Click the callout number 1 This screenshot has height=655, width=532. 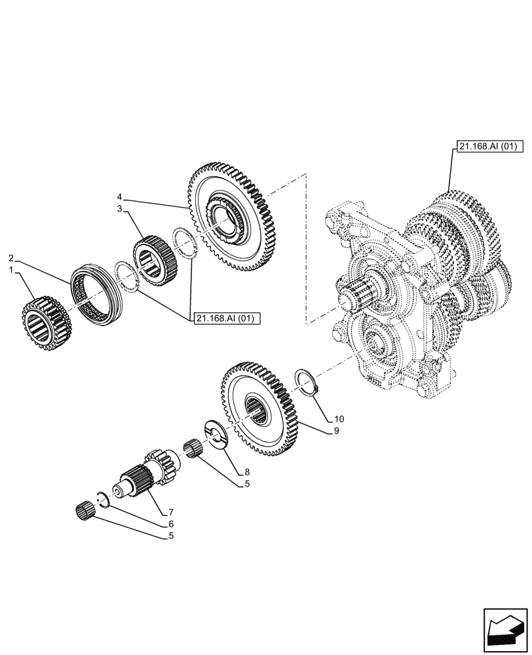10,270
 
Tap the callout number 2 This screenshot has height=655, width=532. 10,257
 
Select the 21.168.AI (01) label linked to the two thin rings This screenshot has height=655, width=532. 227,318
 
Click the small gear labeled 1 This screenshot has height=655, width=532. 42,318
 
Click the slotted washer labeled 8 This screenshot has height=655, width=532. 217,436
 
